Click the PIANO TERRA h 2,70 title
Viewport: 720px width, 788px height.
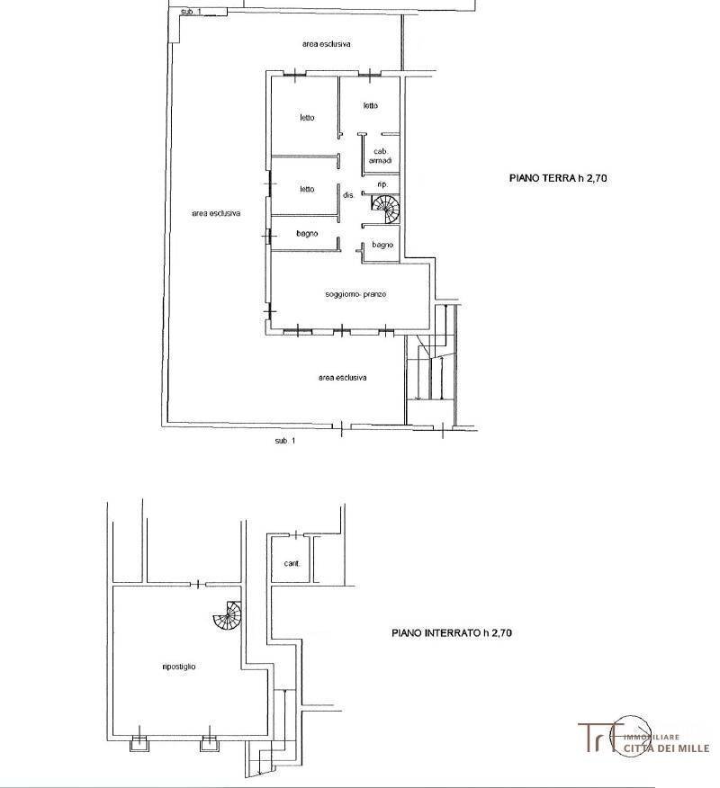click(558, 178)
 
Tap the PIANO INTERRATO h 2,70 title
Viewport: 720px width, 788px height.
click(452, 632)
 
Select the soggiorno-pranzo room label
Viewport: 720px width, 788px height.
click(355, 294)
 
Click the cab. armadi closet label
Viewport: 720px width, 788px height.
click(380, 156)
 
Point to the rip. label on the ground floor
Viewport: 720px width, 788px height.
click(382, 185)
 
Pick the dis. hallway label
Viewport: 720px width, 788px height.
click(349, 195)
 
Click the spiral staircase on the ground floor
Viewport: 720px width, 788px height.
click(385, 209)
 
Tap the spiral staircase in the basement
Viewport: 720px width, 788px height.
click(228, 615)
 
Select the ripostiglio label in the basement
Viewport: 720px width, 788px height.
click(179, 667)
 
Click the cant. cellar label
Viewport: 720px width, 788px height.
click(292, 563)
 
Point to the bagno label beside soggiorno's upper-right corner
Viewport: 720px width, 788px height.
click(382, 245)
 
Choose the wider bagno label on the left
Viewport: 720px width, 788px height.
click(307, 234)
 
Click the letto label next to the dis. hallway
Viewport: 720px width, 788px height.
click(307, 190)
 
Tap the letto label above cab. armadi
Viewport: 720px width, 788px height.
click(371, 105)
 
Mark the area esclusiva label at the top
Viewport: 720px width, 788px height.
click(327, 44)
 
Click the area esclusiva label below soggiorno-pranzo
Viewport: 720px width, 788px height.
click(342, 378)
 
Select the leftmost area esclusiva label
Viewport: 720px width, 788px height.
click(216, 213)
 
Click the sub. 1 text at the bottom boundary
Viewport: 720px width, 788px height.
click(285, 441)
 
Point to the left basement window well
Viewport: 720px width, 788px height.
click(139, 743)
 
